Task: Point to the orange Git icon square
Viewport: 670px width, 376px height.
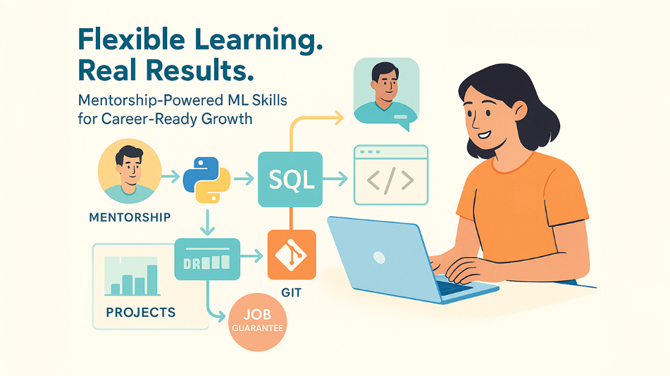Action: [291, 254]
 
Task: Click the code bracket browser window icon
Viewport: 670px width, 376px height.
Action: [390, 175]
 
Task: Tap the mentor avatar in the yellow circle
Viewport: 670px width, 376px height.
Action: [128, 171]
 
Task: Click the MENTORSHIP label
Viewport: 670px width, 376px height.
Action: [130, 217]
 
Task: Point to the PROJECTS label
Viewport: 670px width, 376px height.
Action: [141, 311]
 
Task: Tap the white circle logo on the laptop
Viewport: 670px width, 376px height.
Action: [379, 257]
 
